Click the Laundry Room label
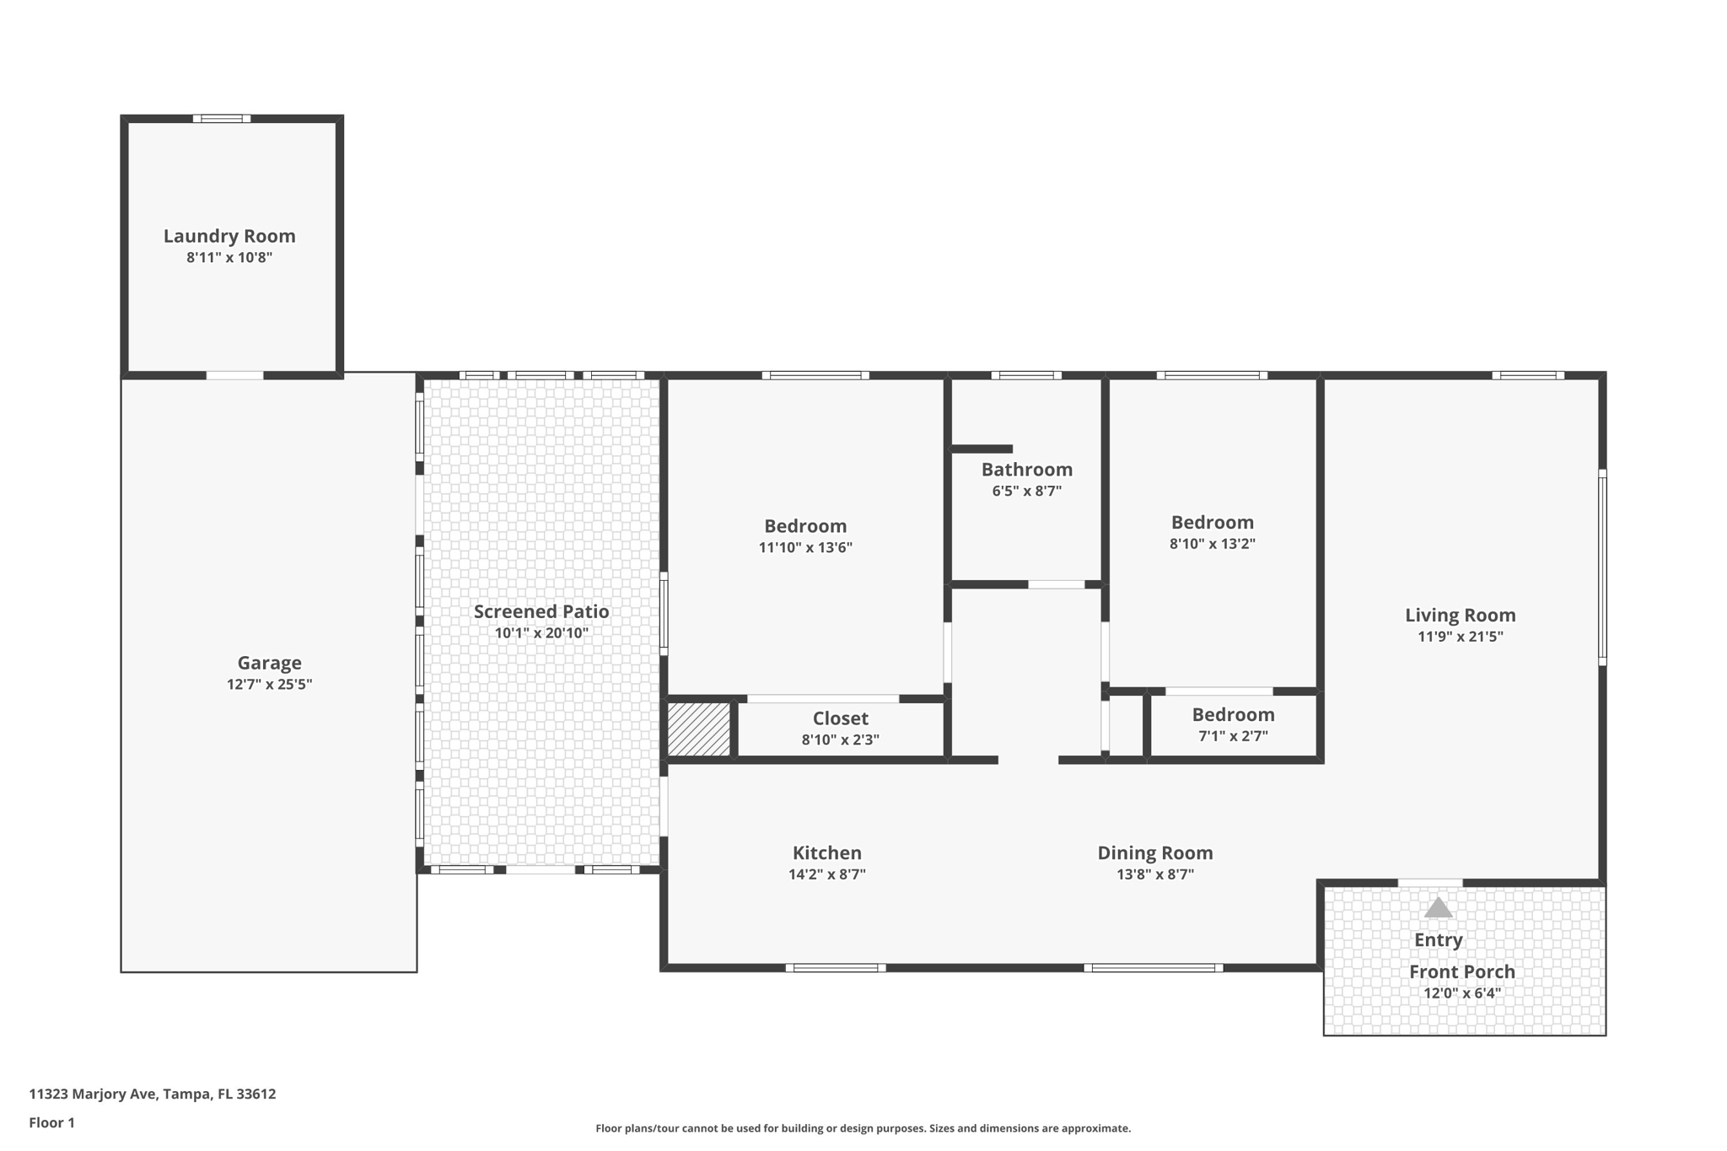point(229,236)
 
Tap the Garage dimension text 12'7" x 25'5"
point(269,684)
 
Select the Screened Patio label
point(541,611)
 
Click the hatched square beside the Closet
point(699,729)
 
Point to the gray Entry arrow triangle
point(1438,907)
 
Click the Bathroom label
point(1027,470)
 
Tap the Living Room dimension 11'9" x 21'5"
point(1461,637)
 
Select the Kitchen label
point(827,853)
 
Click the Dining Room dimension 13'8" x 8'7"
point(1155,874)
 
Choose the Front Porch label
point(1462,972)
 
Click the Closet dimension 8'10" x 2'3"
point(841,740)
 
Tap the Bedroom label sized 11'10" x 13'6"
point(805,526)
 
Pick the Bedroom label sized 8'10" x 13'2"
point(1213,523)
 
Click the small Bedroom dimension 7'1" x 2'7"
point(1234,735)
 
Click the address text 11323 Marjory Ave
point(93,1094)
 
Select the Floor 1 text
point(52,1122)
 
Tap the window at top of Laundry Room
point(222,119)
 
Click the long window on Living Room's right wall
point(1602,567)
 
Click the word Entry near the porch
point(1439,940)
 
